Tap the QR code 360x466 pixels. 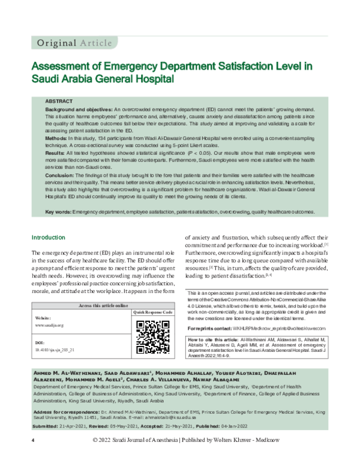[x=152, y=336]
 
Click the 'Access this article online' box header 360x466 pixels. [x=103, y=306]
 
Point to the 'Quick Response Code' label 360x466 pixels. [x=153, y=313]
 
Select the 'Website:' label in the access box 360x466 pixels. [x=43, y=316]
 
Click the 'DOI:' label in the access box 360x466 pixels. [x=40, y=341]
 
